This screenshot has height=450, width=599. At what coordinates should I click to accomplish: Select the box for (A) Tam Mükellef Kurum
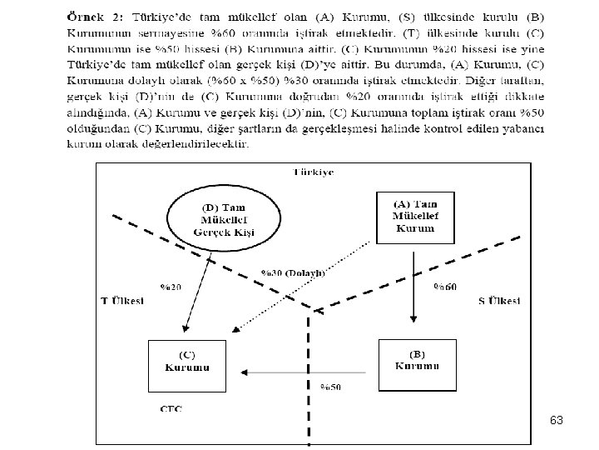(415, 216)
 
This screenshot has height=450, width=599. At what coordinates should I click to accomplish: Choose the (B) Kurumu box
(417, 363)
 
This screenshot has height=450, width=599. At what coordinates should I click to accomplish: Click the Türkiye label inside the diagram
(313, 172)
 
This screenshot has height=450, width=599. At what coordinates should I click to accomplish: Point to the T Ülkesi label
(122, 300)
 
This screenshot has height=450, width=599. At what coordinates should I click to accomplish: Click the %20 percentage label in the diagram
(171, 287)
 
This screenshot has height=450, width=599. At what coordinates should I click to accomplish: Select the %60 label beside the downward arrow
(444, 287)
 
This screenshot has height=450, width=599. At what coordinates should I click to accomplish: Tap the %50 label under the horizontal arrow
(331, 387)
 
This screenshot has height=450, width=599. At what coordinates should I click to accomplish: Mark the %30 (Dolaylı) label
(292, 272)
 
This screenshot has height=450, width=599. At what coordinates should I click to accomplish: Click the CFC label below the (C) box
(171, 408)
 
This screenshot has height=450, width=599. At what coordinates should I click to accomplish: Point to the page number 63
(557, 421)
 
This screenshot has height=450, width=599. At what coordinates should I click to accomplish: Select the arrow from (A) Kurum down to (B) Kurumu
(413, 283)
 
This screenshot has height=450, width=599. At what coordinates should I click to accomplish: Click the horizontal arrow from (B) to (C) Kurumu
(299, 372)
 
